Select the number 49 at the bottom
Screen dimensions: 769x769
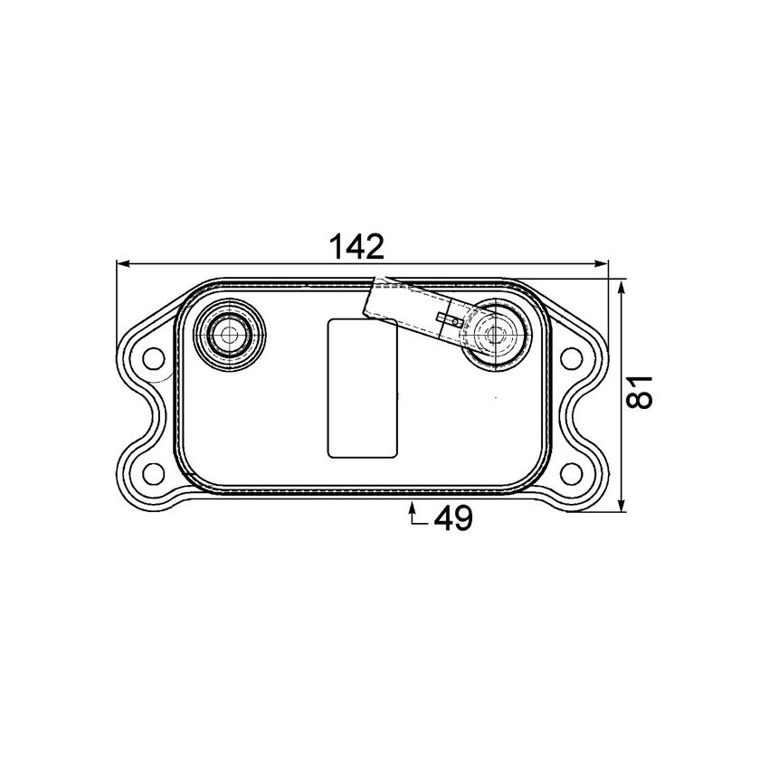453,518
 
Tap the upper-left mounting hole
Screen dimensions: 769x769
153,358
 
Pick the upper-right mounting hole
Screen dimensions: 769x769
571,358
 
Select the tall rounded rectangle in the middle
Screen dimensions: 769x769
362,387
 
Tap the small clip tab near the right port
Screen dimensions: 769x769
450,318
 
